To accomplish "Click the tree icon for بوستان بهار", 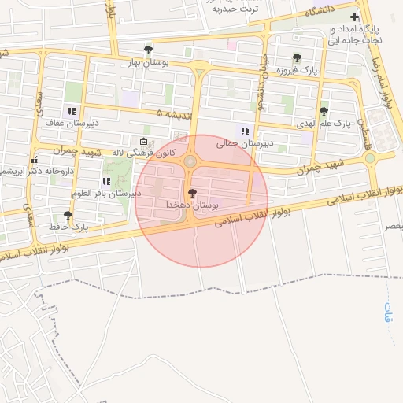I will point(148,49).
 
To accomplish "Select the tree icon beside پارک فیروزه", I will point(297,57).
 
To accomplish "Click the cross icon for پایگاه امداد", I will point(355,17).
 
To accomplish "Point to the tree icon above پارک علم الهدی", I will point(324,111).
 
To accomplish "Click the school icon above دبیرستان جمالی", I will point(245,131).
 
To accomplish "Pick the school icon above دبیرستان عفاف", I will point(72,111).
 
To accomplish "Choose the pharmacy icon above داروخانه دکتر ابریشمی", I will point(33,160).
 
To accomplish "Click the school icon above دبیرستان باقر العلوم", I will point(105,182).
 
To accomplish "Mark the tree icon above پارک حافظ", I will point(68,214).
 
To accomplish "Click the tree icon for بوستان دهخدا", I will point(192,193).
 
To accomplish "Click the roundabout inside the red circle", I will point(191,162).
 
